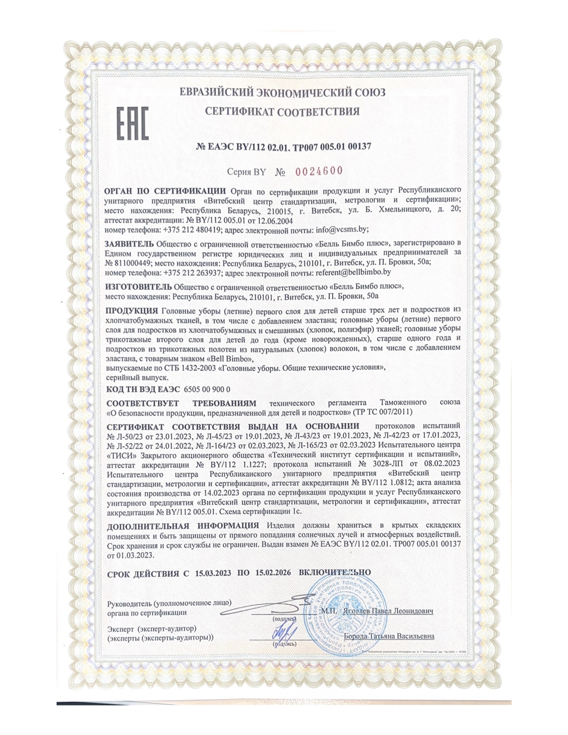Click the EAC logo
click(x=132, y=123)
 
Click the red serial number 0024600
click(x=319, y=171)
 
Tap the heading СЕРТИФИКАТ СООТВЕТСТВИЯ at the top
click(x=283, y=112)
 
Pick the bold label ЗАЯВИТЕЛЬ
click(x=129, y=243)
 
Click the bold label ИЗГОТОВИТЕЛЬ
click(x=139, y=287)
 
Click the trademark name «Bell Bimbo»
click(x=228, y=359)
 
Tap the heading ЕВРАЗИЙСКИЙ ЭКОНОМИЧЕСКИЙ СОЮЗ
click(x=283, y=93)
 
